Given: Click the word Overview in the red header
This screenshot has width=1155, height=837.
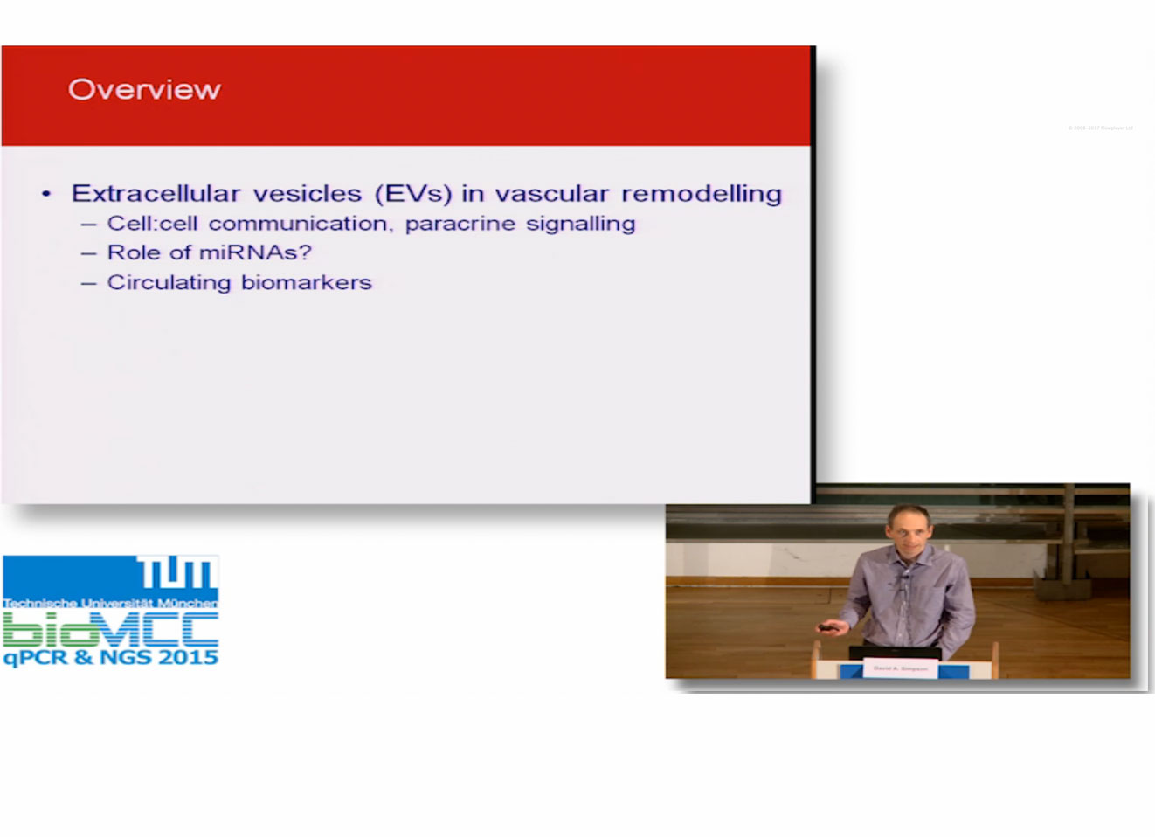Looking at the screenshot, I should [144, 90].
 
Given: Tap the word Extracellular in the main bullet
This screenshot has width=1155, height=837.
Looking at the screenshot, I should [156, 193].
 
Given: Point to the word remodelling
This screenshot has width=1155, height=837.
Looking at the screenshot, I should [701, 193].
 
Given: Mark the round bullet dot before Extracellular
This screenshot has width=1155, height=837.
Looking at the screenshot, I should [47, 194].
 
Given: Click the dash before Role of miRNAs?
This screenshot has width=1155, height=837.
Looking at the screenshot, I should [88, 253].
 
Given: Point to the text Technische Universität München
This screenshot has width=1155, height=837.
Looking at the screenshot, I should [110, 603].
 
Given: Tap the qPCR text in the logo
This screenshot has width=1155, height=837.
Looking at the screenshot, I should [36, 658].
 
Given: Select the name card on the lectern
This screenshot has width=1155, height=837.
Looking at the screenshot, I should [901, 668].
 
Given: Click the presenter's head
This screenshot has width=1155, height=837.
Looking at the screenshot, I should [909, 525].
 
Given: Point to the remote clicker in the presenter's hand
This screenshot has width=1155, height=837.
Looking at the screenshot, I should [826, 626].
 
